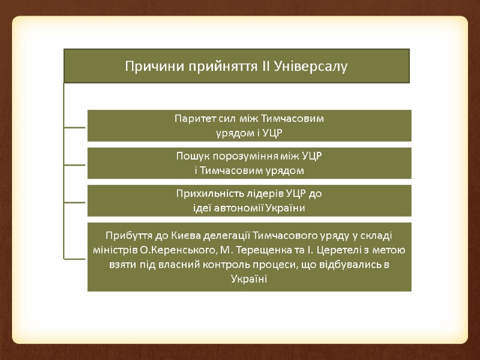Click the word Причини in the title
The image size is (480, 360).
click(x=147, y=65)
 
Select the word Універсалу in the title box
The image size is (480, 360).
click(x=310, y=65)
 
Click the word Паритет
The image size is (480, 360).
click(x=193, y=118)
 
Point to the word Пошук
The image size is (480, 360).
click(x=191, y=156)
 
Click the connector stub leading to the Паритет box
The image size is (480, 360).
click(x=75, y=127)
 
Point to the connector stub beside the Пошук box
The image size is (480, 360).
click(x=75, y=164)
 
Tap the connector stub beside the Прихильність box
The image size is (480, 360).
click(x=75, y=201)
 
